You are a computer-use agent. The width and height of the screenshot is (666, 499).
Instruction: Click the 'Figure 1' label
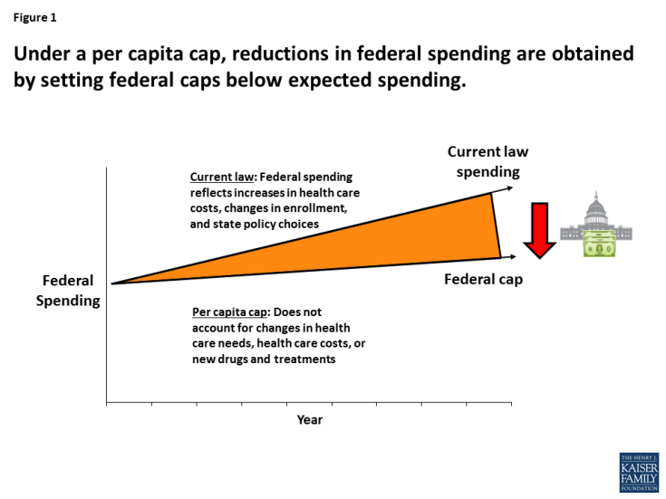pyautogui.click(x=34, y=17)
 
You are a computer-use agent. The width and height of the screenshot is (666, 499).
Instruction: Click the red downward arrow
pyautogui.click(x=541, y=230)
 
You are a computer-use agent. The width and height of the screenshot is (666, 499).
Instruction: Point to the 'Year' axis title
pyautogui.click(x=309, y=419)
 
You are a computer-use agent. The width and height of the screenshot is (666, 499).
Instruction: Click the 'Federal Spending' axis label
pyautogui.click(x=68, y=291)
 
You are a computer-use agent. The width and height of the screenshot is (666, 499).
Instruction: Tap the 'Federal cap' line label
pyautogui.click(x=483, y=279)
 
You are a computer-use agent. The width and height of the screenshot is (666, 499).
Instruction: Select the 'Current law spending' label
pyautogui.click(x=487, y=162)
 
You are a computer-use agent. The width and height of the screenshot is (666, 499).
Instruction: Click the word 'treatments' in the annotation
pyautogui.click(x=305, y=360)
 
